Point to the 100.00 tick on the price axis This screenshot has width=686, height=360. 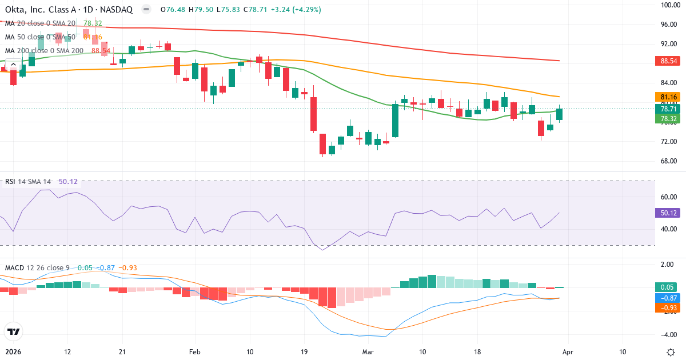[669, 5]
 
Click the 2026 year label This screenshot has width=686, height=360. [13, 352]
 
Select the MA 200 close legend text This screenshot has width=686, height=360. [45, 51]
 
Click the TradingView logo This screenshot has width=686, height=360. [14, 331]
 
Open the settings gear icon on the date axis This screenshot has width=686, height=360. [672, 352]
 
